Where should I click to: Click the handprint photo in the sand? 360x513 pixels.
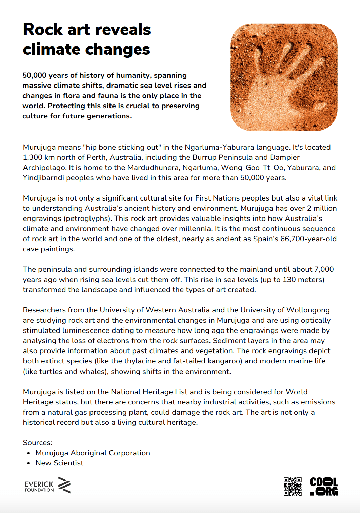coord(284,77)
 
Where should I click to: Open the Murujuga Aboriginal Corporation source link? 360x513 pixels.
coord(93,453)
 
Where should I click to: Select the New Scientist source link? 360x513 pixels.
coord(59,463)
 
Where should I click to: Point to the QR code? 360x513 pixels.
coord(293,486)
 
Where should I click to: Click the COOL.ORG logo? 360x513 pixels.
coord(324,486)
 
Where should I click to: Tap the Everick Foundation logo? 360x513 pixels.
coord(47,485)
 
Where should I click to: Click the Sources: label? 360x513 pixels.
coord(38,443)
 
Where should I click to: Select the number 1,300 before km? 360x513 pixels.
coord(33,157)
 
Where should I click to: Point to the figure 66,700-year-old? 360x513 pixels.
coord(308,239)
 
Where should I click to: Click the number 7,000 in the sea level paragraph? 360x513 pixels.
coord(324,269)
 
